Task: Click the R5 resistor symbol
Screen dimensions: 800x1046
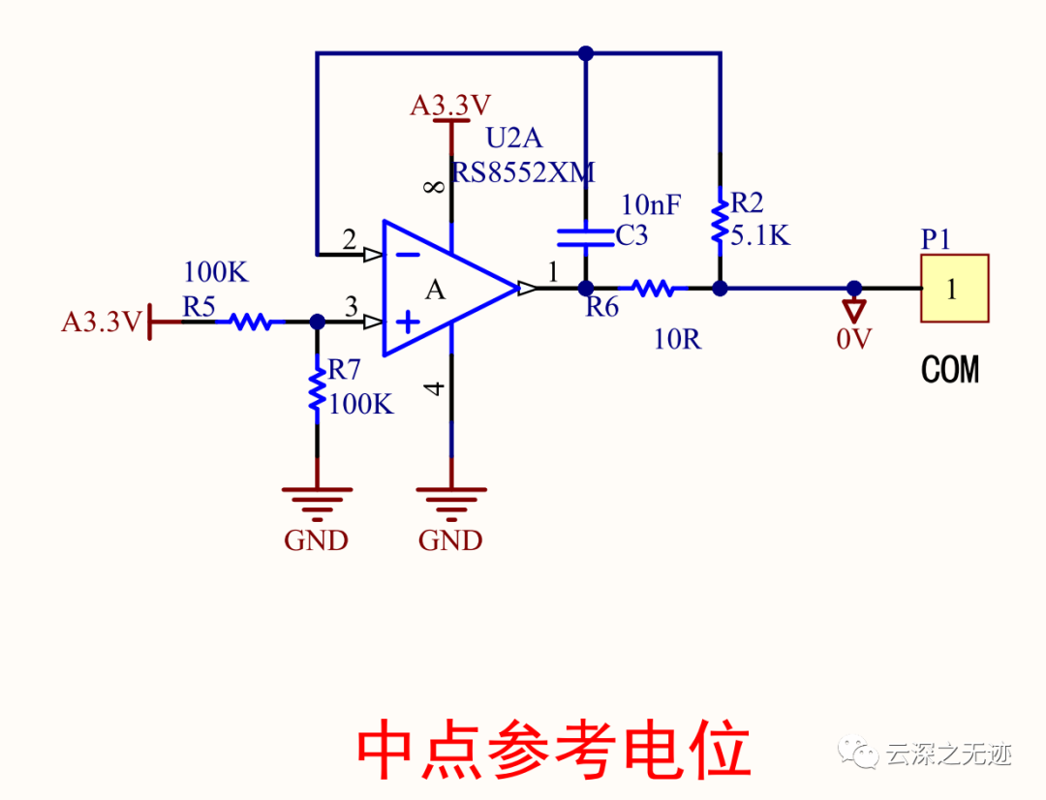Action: (252, 322)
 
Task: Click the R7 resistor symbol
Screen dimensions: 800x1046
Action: (317, 387)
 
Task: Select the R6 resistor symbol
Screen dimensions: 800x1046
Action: (652, 288)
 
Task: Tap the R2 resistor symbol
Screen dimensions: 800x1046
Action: (720, 221)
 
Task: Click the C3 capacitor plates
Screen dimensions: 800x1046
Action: (586, 238)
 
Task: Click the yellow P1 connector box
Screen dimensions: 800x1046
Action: (954, 289)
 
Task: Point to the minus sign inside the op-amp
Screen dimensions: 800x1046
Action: (409, 255)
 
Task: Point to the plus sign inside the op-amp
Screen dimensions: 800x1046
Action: (409, 322)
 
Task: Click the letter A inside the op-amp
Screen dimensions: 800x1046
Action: (437, 289)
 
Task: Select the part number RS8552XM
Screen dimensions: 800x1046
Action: (523, 172)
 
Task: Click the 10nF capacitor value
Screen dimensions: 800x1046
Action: (651, 204)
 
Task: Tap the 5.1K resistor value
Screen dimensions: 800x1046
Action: (761, 234)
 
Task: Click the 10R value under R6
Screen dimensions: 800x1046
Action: (677, 340)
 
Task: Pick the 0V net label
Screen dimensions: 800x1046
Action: (854, 339)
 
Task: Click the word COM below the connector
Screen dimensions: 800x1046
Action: (949, 370)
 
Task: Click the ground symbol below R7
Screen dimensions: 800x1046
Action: (317, 499)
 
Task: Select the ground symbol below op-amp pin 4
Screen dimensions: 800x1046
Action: (450, 499)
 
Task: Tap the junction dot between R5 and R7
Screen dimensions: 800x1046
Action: (317, 322)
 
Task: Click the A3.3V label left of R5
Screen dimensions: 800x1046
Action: (102, 322)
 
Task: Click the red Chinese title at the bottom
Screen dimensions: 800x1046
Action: (553, 749)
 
